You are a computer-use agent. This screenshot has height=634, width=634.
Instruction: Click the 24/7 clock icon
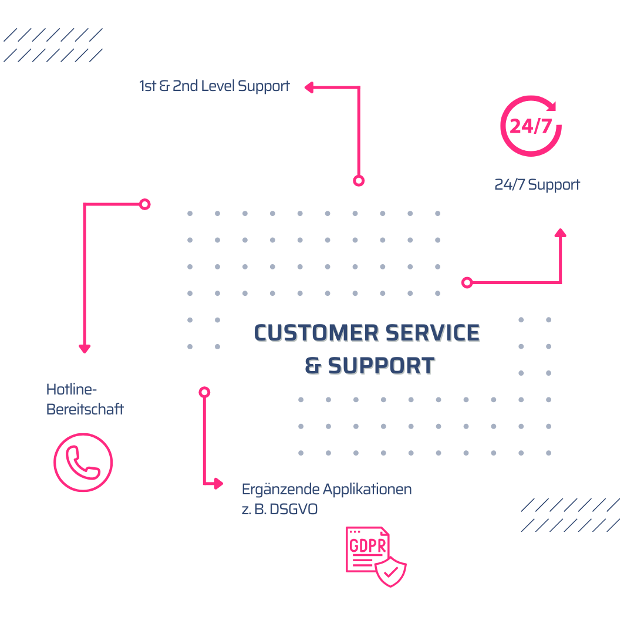coord(531,126)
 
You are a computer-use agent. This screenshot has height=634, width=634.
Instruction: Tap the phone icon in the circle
coord(83,463)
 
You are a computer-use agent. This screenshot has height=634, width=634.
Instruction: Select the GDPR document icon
coord(367,549)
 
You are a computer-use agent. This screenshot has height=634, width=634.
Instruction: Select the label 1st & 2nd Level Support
coord(214,86)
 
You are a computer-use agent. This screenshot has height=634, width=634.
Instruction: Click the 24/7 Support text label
coord(537,184)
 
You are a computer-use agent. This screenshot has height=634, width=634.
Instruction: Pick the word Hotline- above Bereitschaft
coord(71,389)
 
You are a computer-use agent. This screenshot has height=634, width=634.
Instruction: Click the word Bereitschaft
coord(85,409)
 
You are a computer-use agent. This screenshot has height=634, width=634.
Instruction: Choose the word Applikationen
coord(367,489)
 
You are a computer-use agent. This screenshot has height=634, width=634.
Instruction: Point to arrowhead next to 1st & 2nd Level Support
coord(309,87)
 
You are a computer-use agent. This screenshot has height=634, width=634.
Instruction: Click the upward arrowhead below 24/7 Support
coord(561,232)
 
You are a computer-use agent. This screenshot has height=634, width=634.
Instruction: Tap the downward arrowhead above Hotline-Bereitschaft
coord(85,349)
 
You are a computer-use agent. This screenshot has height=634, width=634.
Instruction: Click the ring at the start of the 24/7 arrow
coord(467,283)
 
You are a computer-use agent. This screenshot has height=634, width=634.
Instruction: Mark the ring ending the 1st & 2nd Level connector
coord(359,181)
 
